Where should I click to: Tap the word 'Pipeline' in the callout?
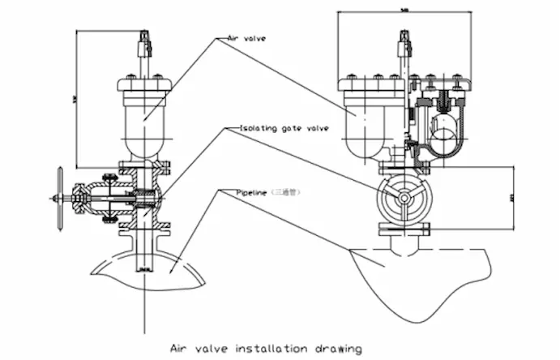point(251,192)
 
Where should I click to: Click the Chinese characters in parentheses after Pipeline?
point(288,192)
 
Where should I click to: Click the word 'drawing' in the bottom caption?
point(339,349)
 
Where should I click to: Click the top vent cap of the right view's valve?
point(403,41)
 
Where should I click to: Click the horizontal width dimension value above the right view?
point(404,10)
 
